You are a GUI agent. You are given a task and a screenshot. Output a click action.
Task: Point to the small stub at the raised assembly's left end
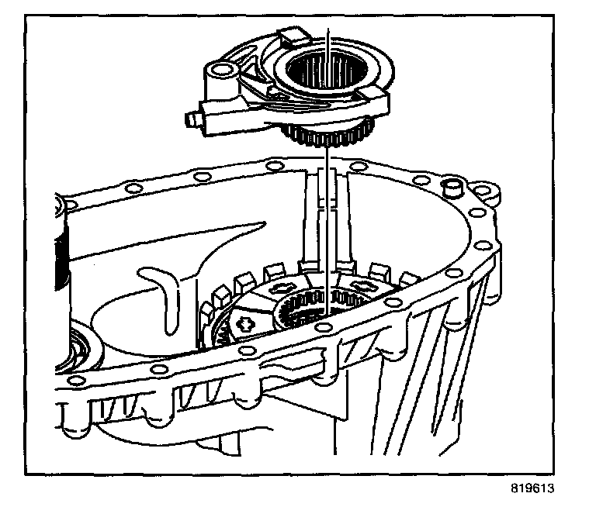click(189, 119)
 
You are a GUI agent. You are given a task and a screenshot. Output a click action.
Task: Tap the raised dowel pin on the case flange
click(450, 187)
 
